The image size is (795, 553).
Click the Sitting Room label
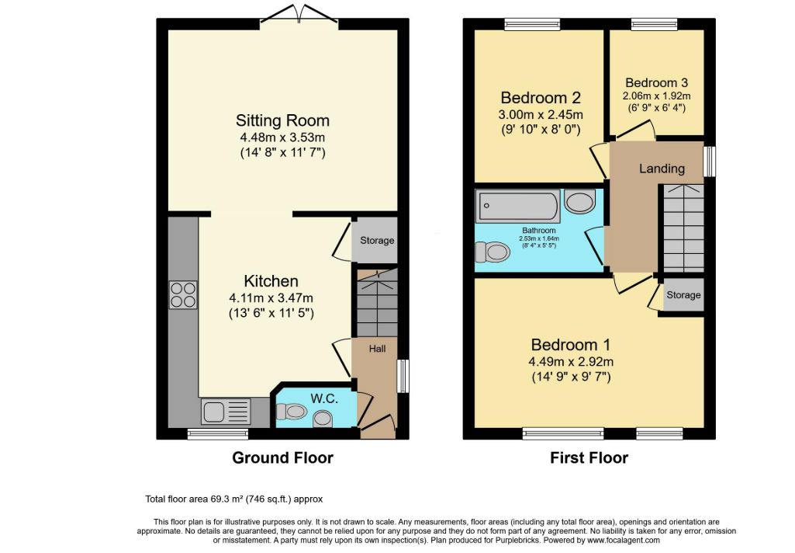point(282,120)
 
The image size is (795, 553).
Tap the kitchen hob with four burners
point(183,295)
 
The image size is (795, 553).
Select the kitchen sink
point(226,412)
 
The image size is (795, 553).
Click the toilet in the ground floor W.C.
point(292,412)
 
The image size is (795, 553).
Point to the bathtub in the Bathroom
point(517,206)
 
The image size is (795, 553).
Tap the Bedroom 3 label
point(657,83)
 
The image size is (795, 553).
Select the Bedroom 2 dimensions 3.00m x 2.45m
point(541,114)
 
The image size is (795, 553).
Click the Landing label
point(662,168)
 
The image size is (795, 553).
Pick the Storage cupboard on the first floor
point(683,295)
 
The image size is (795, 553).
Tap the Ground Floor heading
point(282,457)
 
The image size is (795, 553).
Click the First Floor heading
point(589,457)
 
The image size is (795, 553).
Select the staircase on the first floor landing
point(683,228)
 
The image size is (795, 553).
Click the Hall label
point(377,349)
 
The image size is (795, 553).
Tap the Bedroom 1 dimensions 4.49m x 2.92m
point(571,362)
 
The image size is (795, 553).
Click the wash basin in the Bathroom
point(579,202)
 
